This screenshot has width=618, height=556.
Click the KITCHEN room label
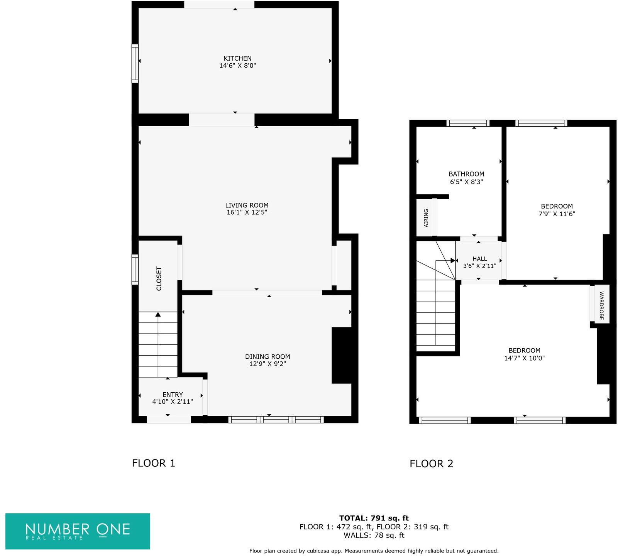click(x=237, y=58)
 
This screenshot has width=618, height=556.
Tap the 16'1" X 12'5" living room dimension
click(x=247, y=212)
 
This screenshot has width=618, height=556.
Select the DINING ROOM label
click(x=268, y=356)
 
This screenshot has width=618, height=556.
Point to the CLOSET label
click(x=159, y=278)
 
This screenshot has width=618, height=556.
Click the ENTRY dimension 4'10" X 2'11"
click(x=172, y=402)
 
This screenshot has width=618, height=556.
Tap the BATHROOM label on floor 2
click(x=466, y=174)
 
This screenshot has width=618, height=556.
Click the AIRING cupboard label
click(x=426, y=218)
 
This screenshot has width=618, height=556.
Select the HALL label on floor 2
click(x=479, y=259)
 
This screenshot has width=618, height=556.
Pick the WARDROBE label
click(x=601, y=305)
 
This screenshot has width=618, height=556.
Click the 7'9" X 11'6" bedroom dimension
click(x=557, y=214)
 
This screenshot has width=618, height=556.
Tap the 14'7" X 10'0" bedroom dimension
click(x=524, y=358)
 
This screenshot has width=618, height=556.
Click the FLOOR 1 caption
click(x=154, y=463)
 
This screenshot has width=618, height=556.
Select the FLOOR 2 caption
click(x=431, y=463)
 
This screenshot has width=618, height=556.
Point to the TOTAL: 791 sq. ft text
click(x=374, y=518)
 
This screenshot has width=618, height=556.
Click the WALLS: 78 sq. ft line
click(x=374, y=535)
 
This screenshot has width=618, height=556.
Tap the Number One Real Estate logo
click(x=78, y=531)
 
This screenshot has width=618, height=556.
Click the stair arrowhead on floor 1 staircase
click(x=158, y=315)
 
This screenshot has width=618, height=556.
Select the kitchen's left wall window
click(x=135, y=64)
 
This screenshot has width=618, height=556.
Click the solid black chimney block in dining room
click(x=342, y=355)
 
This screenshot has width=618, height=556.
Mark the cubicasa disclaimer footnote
click(x=374, y=551)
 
